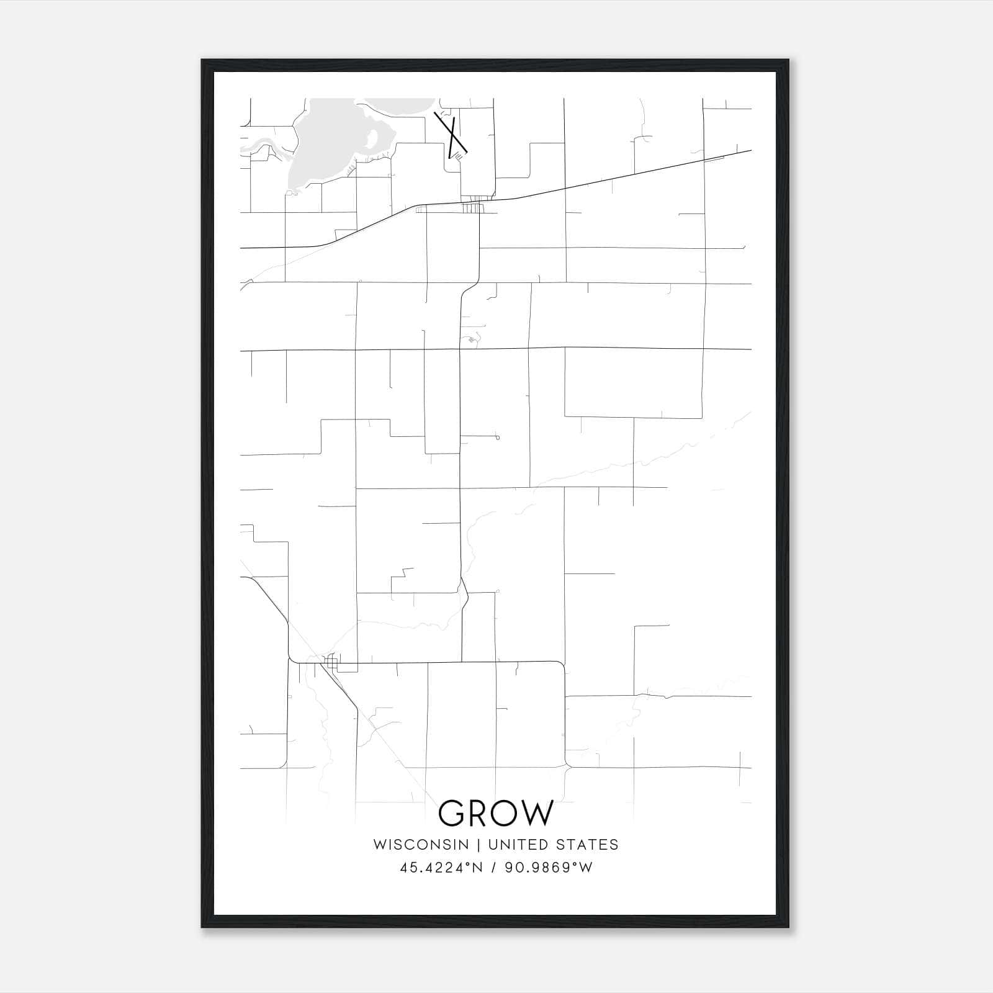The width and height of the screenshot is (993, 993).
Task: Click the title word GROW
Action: coord(495,813)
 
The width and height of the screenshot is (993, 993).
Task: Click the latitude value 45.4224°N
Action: coord(441,868)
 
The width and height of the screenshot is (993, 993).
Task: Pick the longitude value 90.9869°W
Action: coord(549,868)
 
